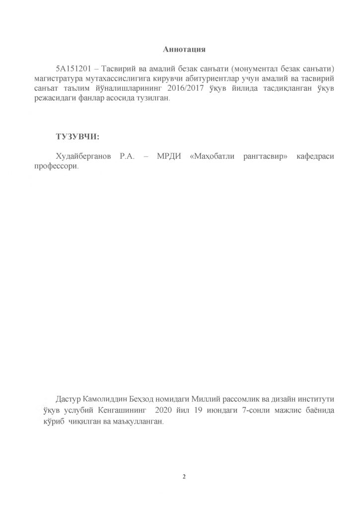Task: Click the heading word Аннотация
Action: [x=184, y=49]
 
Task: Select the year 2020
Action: [x=163, y=410]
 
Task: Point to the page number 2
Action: [x=184, y=478]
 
